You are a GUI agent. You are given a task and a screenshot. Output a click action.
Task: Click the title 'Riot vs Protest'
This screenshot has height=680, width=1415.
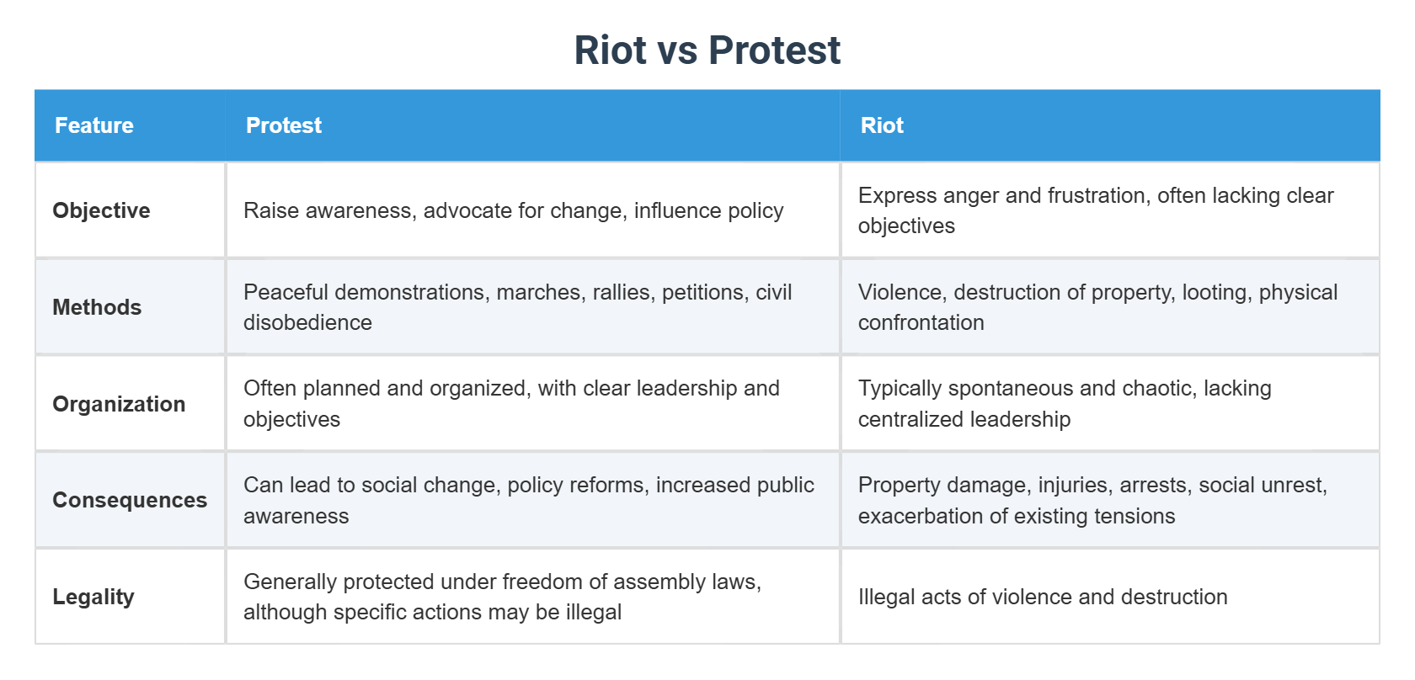[707, 50]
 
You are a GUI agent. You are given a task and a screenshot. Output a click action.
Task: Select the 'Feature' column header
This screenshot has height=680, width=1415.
[94, 125]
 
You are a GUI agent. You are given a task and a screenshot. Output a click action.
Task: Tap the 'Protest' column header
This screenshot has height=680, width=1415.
[284, 125]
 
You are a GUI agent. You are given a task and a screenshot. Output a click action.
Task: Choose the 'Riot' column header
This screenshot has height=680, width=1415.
[882, 125]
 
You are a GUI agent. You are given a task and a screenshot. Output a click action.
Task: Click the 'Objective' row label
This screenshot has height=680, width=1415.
[101, 210]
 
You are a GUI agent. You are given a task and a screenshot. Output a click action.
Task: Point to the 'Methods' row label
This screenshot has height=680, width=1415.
[97, 307]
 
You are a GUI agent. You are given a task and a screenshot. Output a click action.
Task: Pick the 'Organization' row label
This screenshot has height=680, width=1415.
[119, 404]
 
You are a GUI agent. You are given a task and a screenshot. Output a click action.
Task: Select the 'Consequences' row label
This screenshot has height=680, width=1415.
[130, 500]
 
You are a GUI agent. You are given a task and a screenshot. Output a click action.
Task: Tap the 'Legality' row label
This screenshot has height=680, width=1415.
[93, 597]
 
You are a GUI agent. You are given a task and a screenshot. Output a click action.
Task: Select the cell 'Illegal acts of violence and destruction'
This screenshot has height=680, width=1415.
[1043, 597]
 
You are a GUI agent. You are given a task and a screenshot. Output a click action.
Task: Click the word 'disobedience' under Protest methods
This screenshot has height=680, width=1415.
[307, 322]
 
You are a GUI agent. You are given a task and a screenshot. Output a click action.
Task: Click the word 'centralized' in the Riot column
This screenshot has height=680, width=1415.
[909, 419]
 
